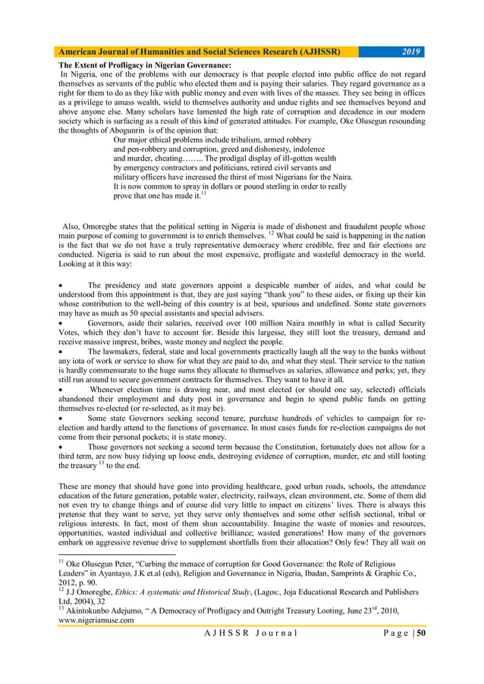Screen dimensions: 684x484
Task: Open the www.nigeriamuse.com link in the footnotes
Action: [x=96, y=620]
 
